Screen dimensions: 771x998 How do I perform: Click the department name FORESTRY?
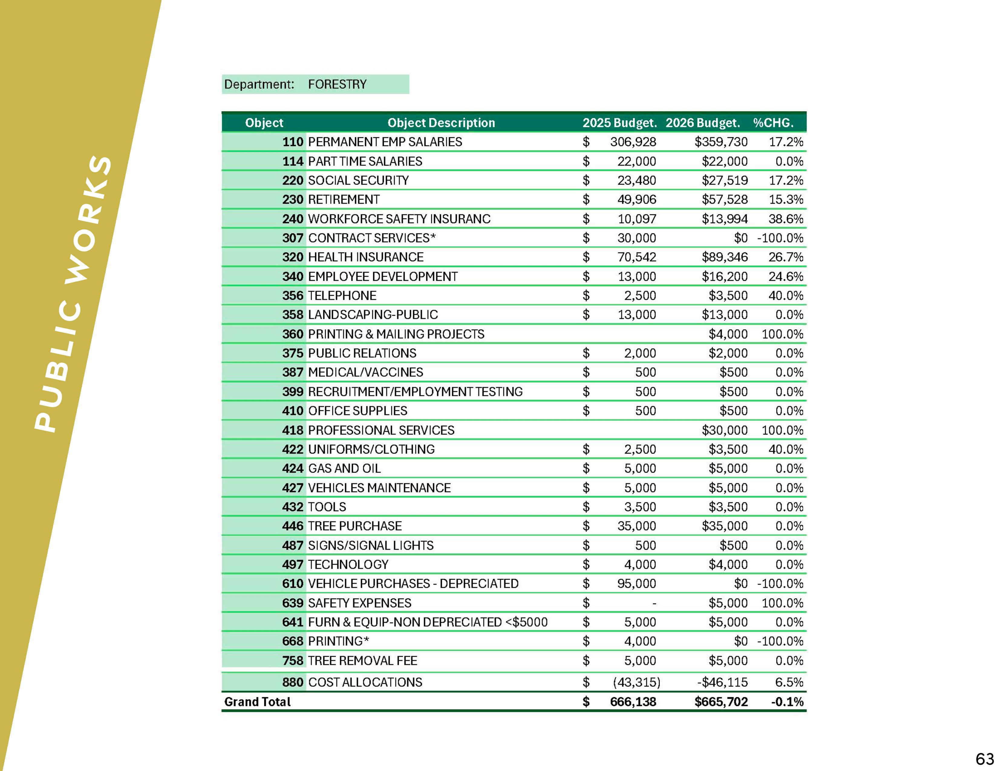pos(337,84)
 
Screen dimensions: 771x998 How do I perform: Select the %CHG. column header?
pos(773,123)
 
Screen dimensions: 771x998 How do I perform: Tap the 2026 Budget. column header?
pos(702,123)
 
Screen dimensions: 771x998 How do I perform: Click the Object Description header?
pos(441,123)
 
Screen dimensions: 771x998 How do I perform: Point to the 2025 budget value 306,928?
pos(633,142)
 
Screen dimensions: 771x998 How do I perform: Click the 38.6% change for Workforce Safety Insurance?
pos(785,219)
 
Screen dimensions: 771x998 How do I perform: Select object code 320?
pos(292,257)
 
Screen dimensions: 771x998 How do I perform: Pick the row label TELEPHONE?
pos(342,295)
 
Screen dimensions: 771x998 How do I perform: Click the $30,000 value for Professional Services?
pos(724,430)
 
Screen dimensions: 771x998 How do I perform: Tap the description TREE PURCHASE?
pos(355,526)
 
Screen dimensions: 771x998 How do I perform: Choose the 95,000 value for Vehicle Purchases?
pos(637,584)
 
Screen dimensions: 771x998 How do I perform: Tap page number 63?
pos(985,759)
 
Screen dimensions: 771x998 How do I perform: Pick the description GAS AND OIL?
pos(344,469)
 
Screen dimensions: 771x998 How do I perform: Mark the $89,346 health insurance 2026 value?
pos(724,257)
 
